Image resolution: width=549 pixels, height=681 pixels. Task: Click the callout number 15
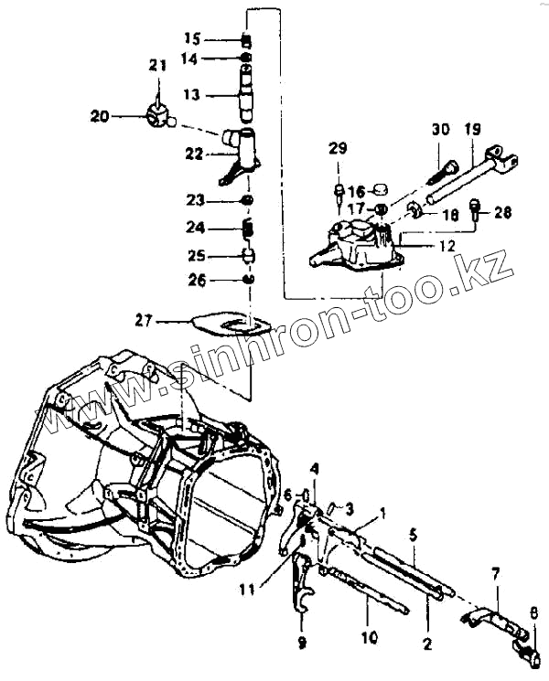tap(191, 38)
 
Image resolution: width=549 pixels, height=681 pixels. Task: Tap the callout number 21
tap(158, 65)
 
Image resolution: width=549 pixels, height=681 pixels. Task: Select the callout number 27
tap(143, 320)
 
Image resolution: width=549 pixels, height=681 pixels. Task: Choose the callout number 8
tap(534, 613)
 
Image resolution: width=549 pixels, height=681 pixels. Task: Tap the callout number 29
tap(339, 149)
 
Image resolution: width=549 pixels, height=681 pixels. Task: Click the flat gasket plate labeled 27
tap(233, 323)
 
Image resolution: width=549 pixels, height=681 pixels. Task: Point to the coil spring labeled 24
tap(246, 226)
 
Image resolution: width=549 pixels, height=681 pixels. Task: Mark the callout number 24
tap(193, 227)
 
